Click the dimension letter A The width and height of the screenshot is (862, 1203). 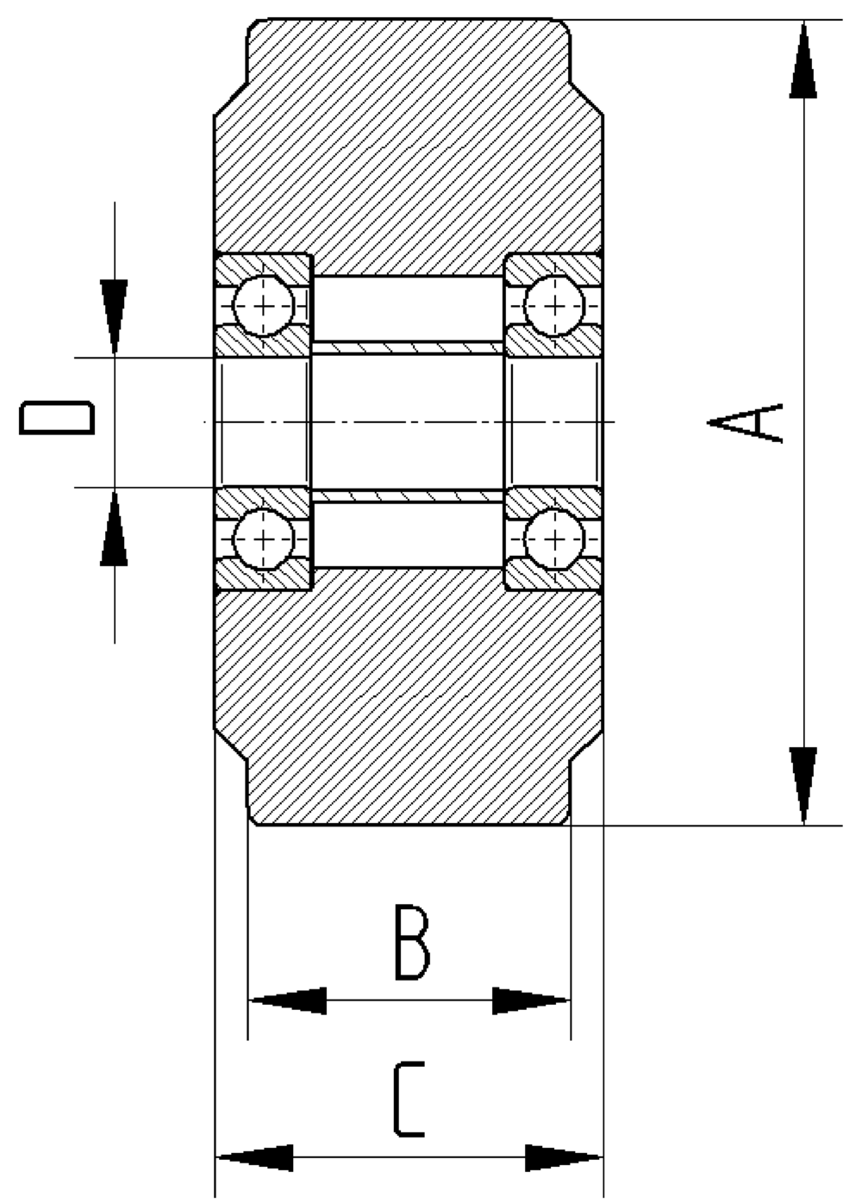[746, 422]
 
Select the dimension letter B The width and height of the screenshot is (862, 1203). [411, 943]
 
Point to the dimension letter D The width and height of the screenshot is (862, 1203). [57, 418]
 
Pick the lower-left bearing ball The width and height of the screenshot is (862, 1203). [264, 539]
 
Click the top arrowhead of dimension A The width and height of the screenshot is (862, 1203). [803, 60]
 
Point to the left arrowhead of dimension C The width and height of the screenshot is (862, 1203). [254, 1157]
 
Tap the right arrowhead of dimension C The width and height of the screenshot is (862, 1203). [563, 1157]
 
